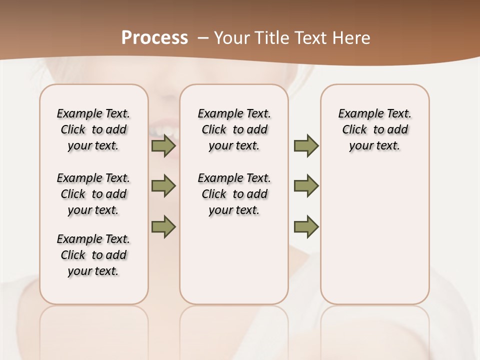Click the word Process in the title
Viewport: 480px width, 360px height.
pos(154,37)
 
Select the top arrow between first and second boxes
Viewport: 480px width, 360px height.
pos(163,146)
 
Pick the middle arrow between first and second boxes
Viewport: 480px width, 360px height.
pos(163,186)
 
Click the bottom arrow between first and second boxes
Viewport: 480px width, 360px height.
pos(163,226)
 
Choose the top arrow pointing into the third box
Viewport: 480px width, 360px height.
pos(306,146)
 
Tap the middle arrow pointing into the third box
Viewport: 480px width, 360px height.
pos(306,186)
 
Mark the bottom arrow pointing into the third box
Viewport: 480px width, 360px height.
pos(306,226)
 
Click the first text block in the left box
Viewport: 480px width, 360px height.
pos(93,129)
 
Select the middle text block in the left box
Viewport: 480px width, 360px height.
pos(93,194)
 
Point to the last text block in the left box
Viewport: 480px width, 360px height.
pos(93,255)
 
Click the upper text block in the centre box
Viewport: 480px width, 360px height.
pos(234,129)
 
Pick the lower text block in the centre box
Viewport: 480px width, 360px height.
pos(234,194)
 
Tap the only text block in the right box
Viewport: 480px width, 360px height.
pos(375,129)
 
